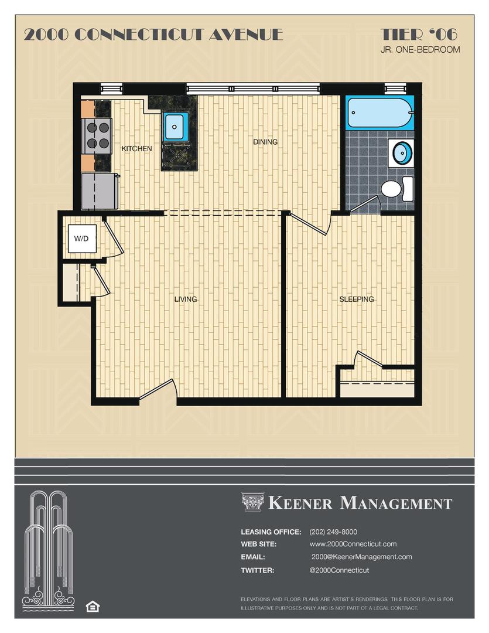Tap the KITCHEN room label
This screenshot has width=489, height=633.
coord(136,149)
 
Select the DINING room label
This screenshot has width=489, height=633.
coord(265,142)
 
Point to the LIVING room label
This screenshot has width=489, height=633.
coord(186,300)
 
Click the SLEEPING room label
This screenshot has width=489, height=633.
coord(357,300)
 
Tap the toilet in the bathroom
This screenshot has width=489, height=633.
coord(392,189)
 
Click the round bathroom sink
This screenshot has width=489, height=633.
coord(402,153)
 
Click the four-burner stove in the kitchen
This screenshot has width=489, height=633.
coord(97,135)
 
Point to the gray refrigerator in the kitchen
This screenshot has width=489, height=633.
coord(99,190)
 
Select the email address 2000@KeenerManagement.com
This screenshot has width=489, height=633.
coord(361,557)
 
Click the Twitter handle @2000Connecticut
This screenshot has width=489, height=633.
coord(340,570)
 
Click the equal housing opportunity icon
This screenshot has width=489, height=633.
coord(92,605)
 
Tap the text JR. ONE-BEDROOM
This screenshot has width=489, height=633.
coord(420,50)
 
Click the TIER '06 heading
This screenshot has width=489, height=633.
coord(419,34)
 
